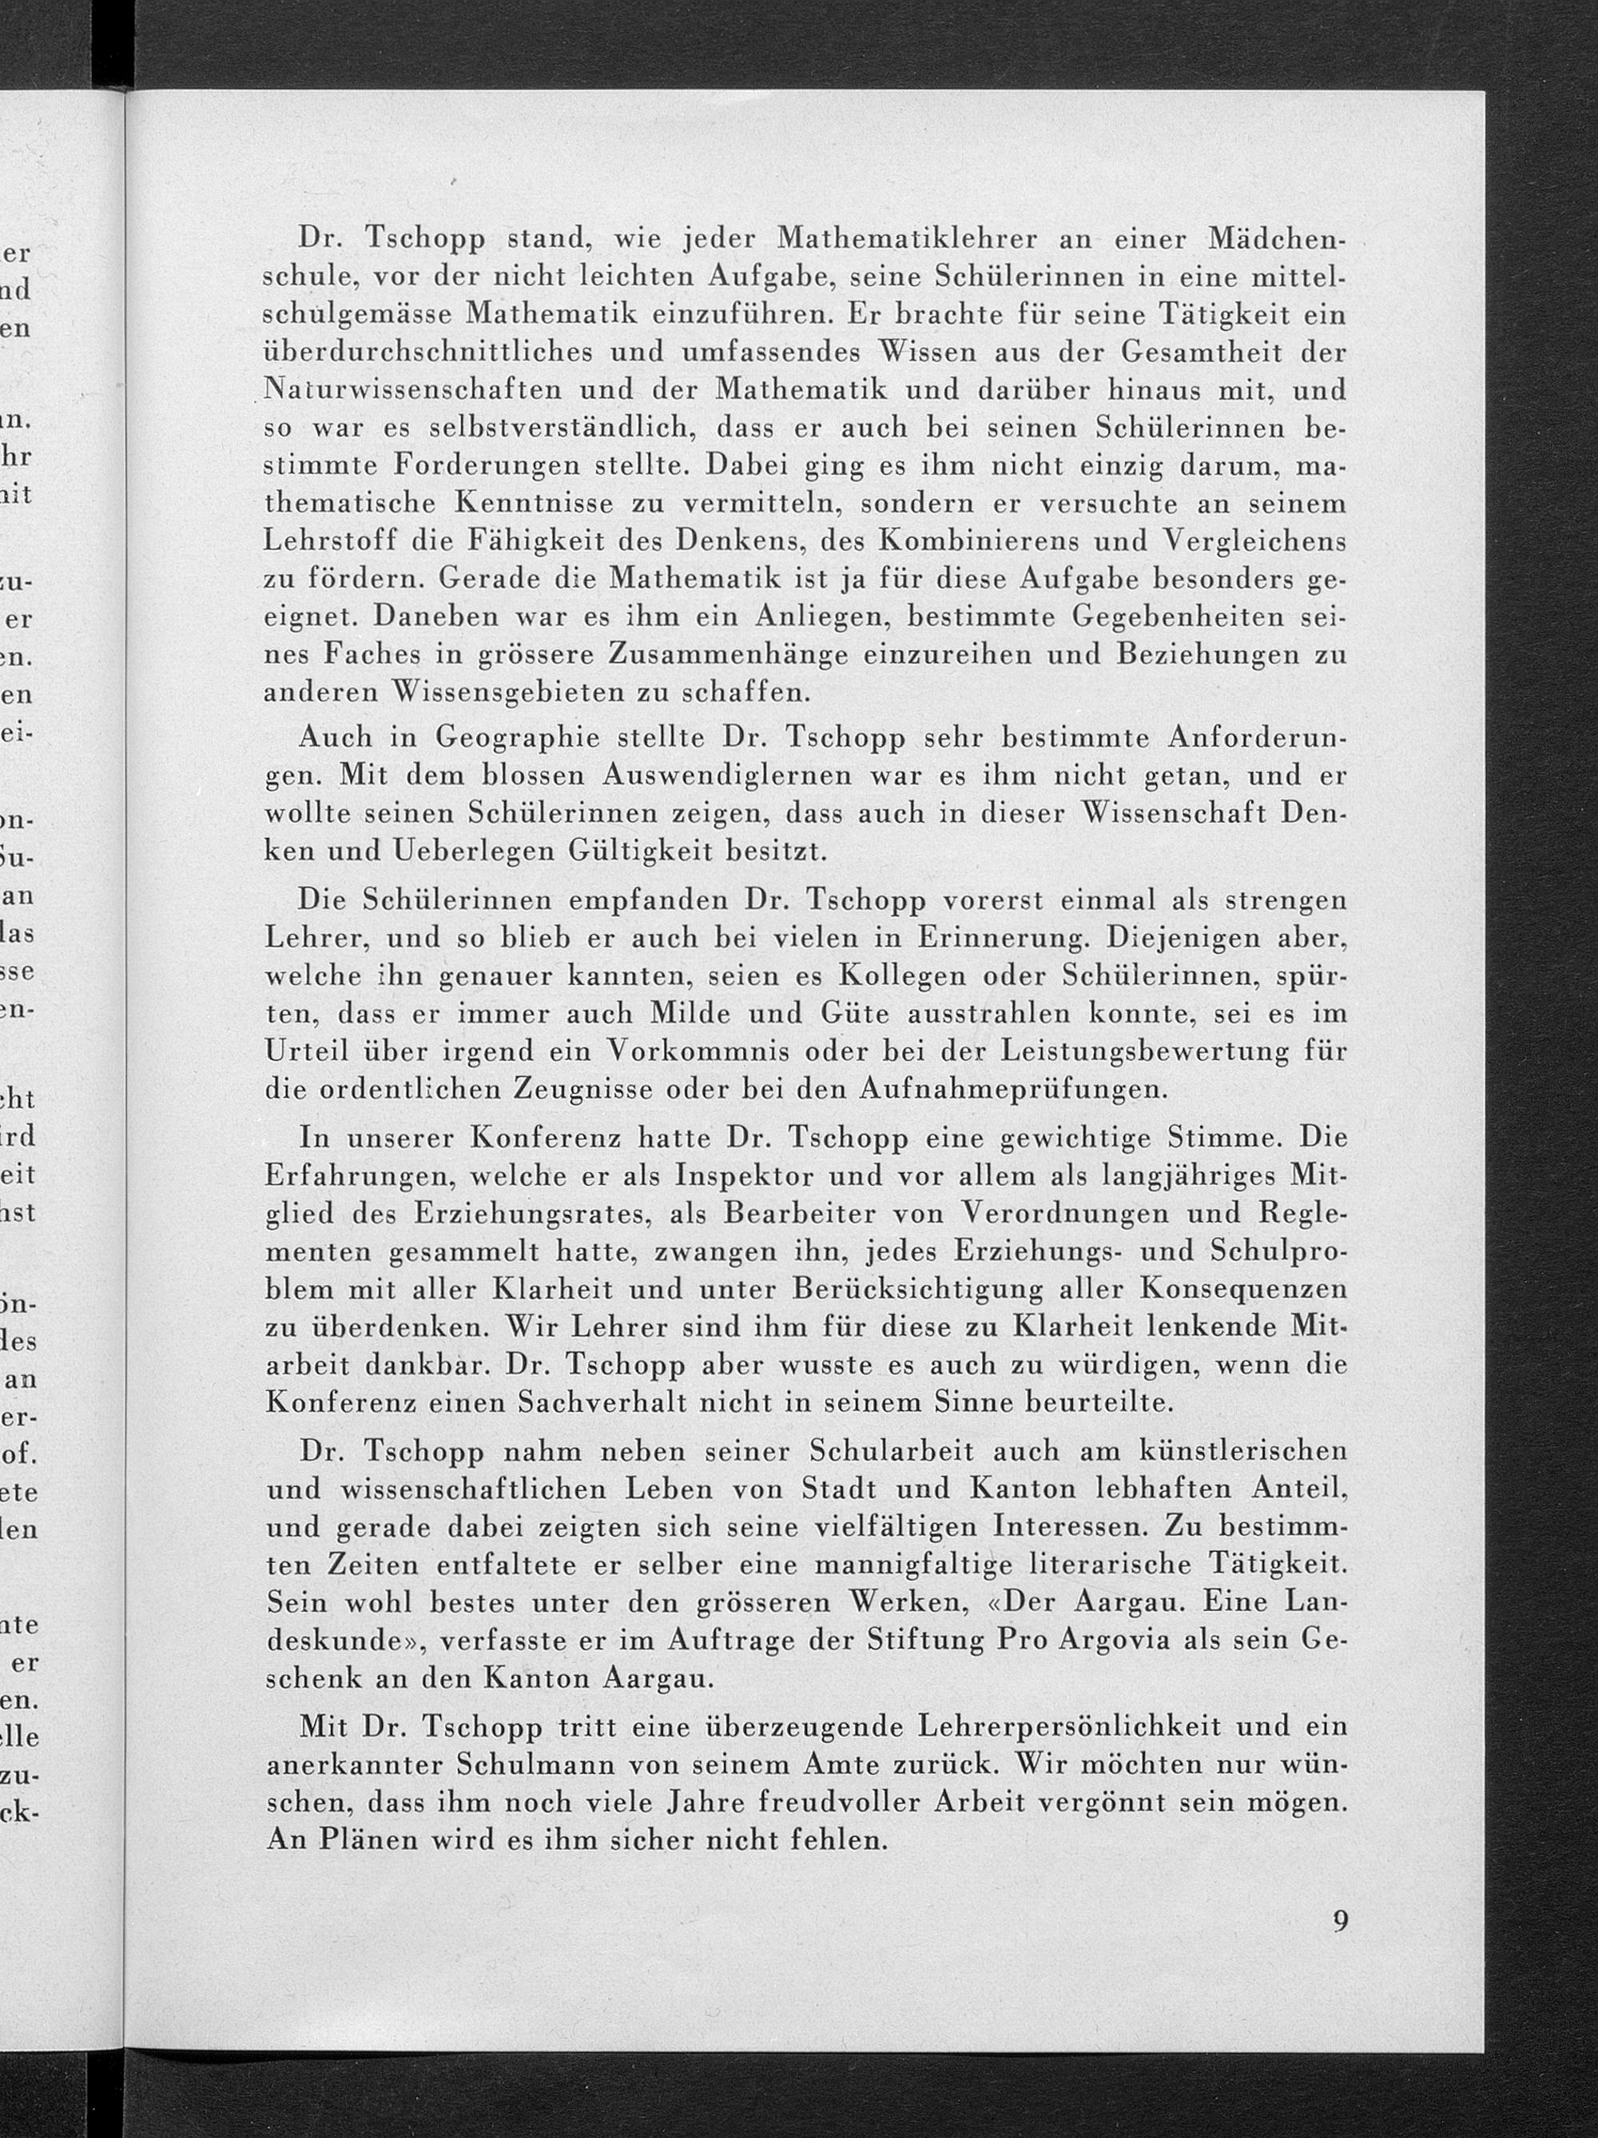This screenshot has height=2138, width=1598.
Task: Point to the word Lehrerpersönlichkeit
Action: [1054, 1725]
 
